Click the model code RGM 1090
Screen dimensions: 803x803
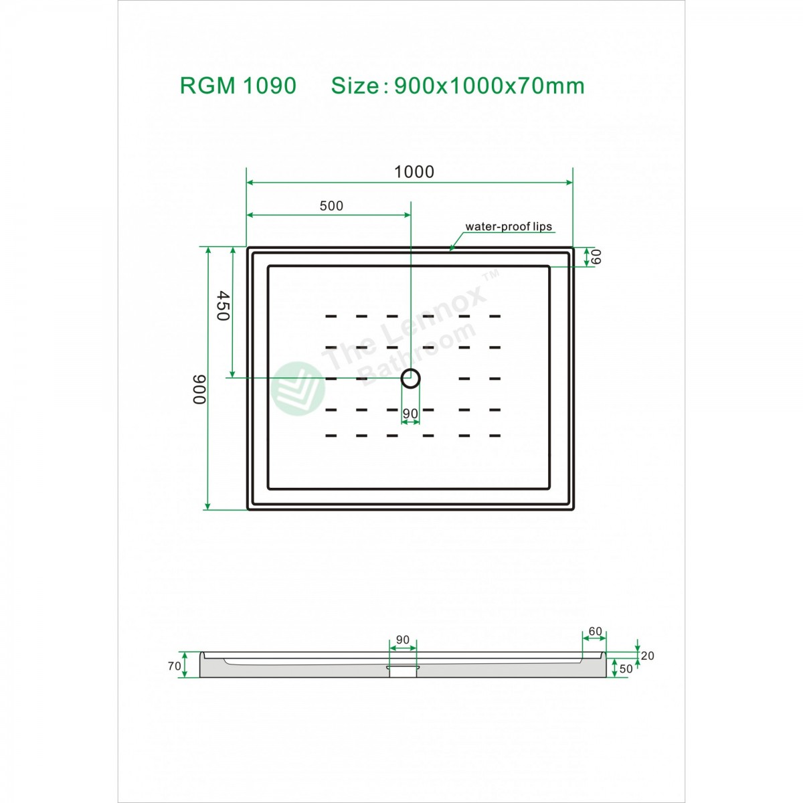(x=238, y=86)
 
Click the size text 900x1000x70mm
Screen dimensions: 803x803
(x=489, y=86)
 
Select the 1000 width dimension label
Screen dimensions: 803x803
(x=414, y=172)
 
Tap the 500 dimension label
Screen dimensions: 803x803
(x=331, y=206)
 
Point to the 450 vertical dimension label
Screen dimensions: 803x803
(x=222, y=306)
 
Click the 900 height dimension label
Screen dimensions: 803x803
(x=199, y=389)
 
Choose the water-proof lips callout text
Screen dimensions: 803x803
(x=509, y=226)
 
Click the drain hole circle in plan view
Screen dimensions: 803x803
(x=410, y=379)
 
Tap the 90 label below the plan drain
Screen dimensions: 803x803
(x=410, y=414)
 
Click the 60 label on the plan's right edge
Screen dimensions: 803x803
(x=596, y=256)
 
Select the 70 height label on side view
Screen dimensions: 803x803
(x=174, y=666)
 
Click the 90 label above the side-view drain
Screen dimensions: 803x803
(x=402, y=640)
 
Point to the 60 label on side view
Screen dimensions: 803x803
(x=595, y=631)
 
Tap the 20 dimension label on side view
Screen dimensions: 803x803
(x=646, y=656)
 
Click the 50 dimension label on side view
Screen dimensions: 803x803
(x=626, y=668)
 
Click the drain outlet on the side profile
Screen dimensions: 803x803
(x=403, y=671)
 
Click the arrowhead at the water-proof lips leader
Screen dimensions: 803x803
(x=451, y=249)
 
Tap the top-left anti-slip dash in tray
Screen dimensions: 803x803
(x=331, y=316)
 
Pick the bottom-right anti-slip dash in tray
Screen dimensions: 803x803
(x=495, y=436)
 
